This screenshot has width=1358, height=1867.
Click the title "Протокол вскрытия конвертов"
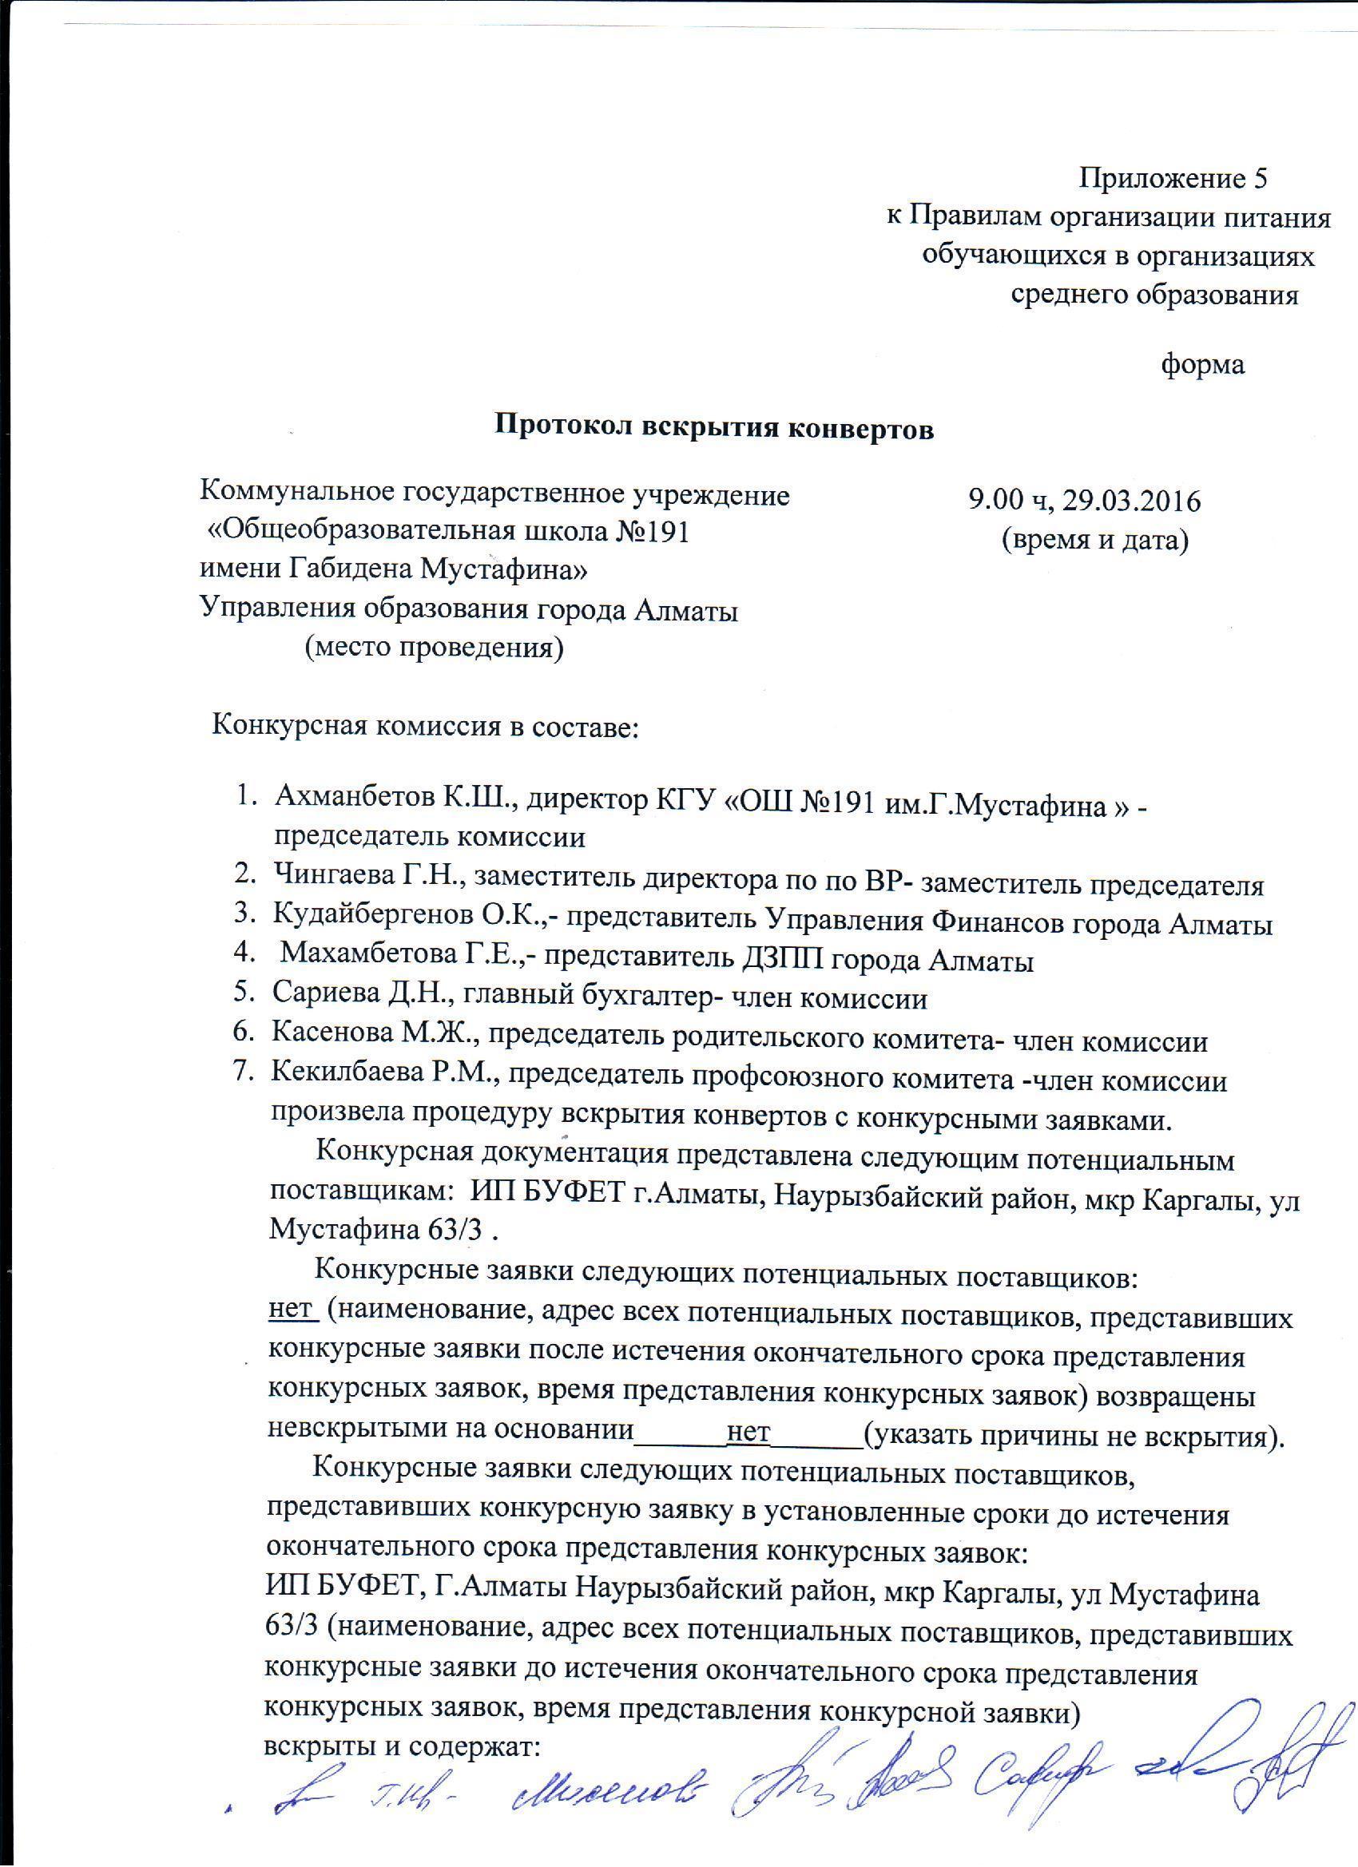coord(713,428)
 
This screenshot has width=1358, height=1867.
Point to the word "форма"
coord(1202,365)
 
